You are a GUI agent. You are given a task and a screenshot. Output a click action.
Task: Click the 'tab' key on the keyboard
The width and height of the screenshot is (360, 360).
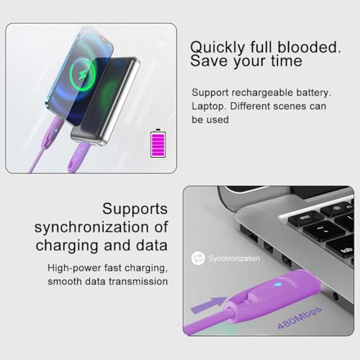click(346, 250)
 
